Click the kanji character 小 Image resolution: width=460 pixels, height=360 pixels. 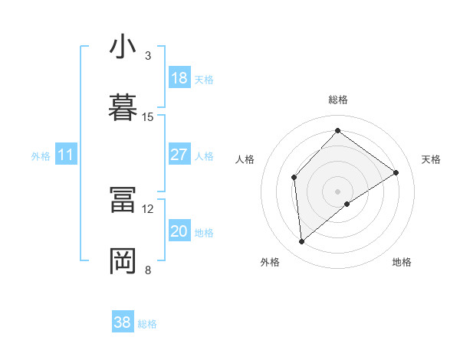123,47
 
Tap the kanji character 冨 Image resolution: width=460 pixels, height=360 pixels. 123,201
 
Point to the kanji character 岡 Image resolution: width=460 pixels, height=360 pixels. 123,261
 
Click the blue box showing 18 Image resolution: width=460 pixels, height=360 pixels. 179,78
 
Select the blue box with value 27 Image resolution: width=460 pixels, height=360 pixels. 179,155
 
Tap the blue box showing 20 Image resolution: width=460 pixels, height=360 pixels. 179,231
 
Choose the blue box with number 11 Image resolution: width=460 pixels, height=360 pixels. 66,155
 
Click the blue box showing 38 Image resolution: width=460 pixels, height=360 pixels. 123,322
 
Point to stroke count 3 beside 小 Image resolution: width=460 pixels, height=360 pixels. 147,56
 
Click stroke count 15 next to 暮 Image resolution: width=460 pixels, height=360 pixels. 148,116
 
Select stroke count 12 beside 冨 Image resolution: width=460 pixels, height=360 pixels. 148,208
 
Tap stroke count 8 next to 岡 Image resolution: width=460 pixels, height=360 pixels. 147,270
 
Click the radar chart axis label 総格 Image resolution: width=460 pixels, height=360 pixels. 337,100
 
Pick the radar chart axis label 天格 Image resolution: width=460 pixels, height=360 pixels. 431,159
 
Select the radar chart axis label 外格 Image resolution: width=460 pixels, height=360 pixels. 270,262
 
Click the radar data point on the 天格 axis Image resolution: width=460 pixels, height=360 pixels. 396,172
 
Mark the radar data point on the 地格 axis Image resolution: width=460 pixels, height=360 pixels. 347,204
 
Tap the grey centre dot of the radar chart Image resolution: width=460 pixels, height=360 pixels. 337,191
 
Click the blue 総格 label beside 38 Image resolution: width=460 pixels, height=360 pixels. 147,324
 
